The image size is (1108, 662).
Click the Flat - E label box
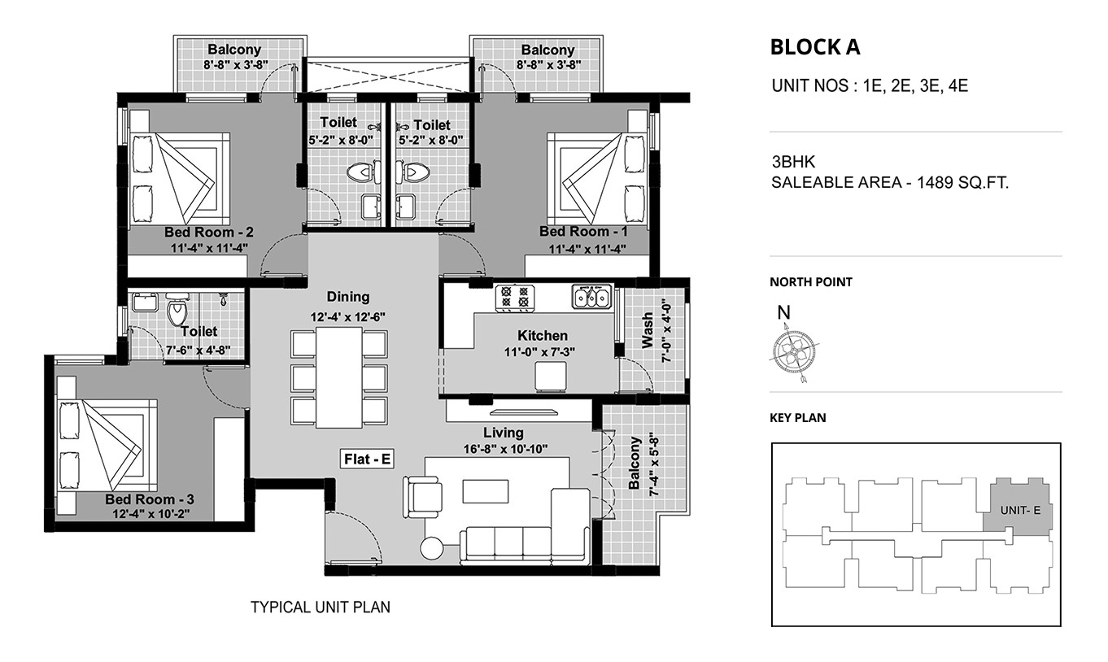[x=367, y=459]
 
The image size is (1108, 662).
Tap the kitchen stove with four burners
[x=515, y=298]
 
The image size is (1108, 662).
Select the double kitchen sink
[x=591, y=297]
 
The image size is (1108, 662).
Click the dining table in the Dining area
[x=339, y=377]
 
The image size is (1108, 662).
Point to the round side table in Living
[x=432, y=548]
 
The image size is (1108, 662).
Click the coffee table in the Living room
[x=485, y=491]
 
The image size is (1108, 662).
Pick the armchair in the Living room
[x=422, y=496]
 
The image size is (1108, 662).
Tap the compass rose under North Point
[x=794, y=352]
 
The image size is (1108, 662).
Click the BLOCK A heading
[x=815, y=47]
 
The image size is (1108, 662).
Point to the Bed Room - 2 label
[x=209, y=232]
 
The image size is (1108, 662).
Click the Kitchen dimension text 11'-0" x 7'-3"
[x=539, y=352]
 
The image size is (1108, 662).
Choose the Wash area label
[x=647, y=330]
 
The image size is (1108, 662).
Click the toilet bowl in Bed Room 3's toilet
[x=177, y=309]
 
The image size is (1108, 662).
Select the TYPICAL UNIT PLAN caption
[x=321, y=608]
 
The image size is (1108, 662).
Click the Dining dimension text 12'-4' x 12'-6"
[x=347, y=317]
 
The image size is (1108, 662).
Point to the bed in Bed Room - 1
[x=597, y=177]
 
